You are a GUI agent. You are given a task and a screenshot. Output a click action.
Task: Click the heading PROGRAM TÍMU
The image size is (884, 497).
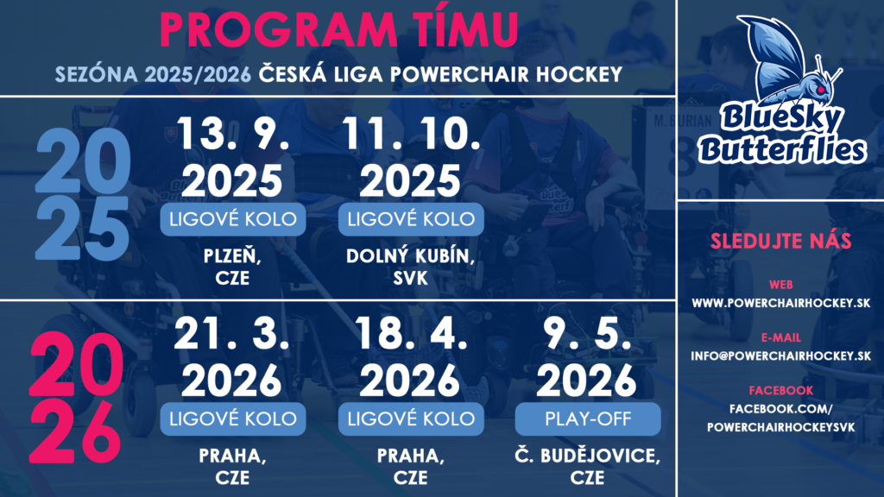[338, 28]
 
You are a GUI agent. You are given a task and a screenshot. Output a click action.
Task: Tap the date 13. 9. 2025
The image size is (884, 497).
[232, 157]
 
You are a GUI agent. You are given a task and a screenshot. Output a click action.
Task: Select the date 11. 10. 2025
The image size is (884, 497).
[410, 157]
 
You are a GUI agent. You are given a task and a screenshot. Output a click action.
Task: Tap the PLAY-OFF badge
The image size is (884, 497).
[588, 418]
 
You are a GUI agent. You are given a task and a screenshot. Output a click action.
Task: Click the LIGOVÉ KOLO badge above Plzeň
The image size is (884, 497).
[233, 219]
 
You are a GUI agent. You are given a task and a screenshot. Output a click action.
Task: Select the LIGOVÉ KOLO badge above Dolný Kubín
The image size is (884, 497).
[411, 219]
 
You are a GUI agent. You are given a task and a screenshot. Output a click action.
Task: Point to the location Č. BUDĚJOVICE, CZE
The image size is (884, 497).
[587, 467]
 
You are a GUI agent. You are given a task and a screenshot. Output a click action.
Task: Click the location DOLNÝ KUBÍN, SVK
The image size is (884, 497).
[410, 267]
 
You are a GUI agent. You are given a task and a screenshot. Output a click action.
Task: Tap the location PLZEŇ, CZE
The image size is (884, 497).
[232, 267]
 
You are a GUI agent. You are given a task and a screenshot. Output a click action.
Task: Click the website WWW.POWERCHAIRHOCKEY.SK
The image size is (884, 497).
[780, 303]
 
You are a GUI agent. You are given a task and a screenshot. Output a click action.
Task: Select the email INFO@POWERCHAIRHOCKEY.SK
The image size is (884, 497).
[780, 356]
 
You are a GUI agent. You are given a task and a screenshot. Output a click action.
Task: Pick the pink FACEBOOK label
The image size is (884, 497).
[780, 391]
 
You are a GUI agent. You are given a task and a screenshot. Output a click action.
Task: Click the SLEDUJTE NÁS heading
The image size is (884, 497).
[780, 242]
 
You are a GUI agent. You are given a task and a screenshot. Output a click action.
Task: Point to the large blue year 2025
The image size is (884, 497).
[83, 194]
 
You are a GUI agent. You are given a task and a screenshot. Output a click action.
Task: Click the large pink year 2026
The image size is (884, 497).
[76, 397]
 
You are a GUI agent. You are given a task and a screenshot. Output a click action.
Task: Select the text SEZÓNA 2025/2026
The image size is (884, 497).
[153, 74]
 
